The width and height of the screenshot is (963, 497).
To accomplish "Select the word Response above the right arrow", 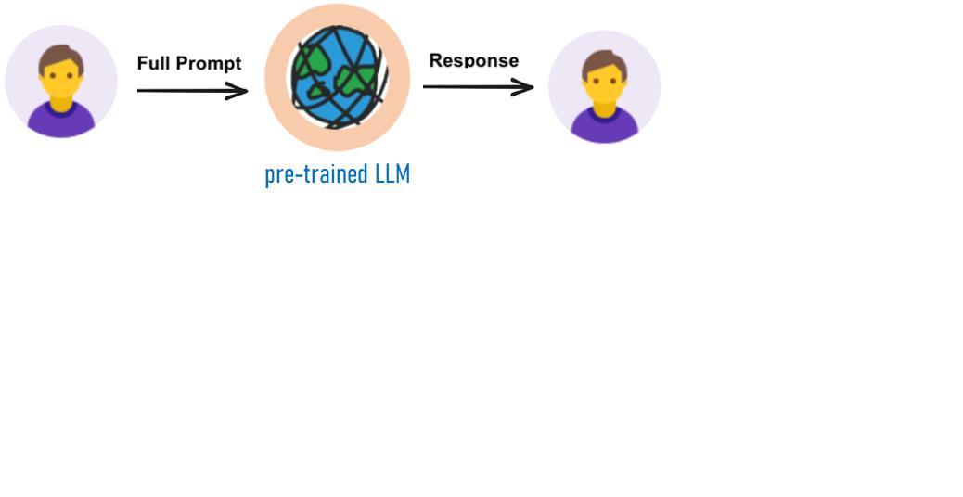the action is (x=473, y=60).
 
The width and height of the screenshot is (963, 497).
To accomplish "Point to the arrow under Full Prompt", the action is (x=190, y=90).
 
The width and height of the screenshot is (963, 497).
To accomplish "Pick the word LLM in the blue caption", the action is (x=392, y=173).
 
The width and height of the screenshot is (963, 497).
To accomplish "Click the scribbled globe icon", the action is (x=337, y=78).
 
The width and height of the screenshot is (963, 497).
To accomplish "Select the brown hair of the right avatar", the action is (x=604, y=61).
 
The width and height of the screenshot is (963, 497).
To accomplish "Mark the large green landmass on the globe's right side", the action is (x=356, y=83).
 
